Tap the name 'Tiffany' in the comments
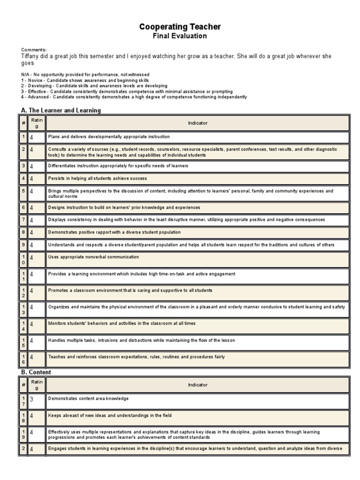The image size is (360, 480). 31,56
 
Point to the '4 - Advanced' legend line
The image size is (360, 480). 134,97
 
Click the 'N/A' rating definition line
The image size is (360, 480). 85,75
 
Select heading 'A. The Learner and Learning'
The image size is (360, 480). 61,110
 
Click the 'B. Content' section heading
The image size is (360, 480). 36,372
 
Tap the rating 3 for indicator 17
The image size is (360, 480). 32,399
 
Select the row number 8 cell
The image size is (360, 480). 23,232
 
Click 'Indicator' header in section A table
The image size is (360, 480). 197,123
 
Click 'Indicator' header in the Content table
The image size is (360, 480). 197,385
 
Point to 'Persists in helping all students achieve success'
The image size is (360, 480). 97,179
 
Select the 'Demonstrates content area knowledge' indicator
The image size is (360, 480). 88,398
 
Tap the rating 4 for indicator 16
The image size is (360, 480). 32,358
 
